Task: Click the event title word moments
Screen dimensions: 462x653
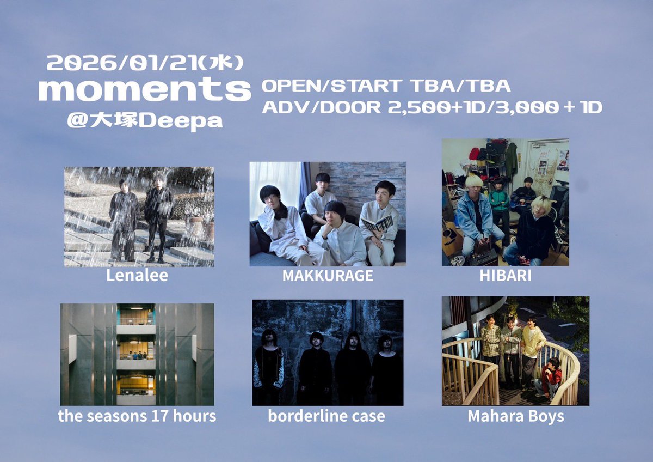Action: point(144,90)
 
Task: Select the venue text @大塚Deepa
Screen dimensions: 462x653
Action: point(145,121)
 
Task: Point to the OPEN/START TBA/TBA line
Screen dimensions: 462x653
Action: point(386,86)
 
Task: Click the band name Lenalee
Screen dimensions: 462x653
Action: point(137,276)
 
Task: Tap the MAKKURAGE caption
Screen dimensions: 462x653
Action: point(328,276)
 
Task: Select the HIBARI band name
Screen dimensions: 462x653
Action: point(506,276)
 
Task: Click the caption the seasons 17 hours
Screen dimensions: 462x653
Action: point(137,416)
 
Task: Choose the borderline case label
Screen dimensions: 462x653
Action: point(326,416)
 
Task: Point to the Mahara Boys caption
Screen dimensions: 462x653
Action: point(515,417)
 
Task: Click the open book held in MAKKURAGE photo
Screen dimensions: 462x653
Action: point(377,223)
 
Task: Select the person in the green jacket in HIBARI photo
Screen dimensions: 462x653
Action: point(499,204)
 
